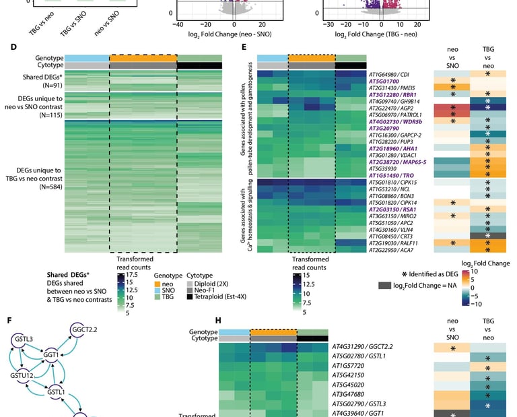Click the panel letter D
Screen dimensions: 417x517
13,47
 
